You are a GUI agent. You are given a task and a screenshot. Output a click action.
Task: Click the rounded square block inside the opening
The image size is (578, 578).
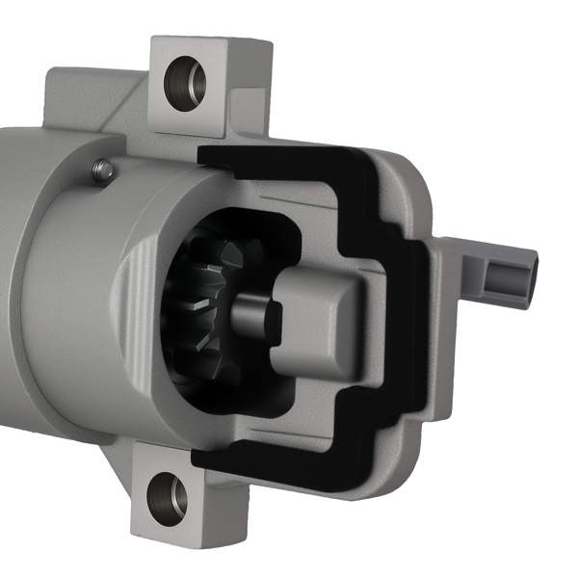[x=318, y=318]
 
